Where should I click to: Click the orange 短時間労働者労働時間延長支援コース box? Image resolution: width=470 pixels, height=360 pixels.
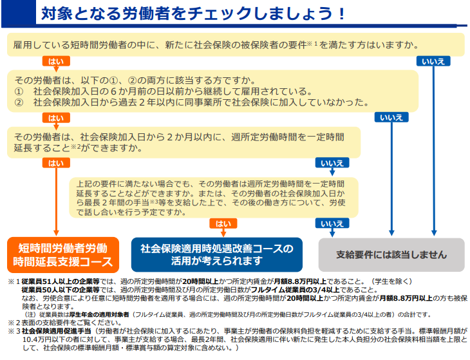tap(63, 255)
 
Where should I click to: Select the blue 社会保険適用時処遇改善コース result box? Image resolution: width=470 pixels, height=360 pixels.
tap(217, 254)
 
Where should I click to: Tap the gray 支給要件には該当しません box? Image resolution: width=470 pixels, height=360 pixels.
tap(391, 255)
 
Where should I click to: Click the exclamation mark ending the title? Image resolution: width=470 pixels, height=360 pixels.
tap(341, 14)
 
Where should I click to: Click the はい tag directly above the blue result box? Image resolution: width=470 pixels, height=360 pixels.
tap(223, 223)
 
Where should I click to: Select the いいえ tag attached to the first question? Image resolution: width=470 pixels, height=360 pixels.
tap(433, 61)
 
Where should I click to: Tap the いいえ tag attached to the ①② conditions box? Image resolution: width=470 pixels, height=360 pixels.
tap(391, 117)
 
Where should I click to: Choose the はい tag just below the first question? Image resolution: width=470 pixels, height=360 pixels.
tap(56, 61)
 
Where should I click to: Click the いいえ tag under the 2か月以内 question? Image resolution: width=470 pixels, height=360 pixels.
tap(332, 163)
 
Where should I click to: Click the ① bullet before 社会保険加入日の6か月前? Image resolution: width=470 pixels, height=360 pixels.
tap(19, 91)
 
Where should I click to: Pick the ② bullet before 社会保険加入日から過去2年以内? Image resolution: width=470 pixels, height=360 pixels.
tap(19, 102)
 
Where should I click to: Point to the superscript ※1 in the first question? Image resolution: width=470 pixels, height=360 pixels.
tap(312, 44)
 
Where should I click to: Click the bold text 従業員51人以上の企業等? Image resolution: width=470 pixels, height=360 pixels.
tap(61, 281)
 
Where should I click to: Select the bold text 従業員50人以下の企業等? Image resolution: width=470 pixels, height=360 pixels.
tap(61, 290)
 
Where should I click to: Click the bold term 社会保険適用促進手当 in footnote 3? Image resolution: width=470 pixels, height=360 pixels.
tap(57, 331)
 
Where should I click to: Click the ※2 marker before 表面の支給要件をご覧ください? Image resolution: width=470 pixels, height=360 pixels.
tap(14, 323)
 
